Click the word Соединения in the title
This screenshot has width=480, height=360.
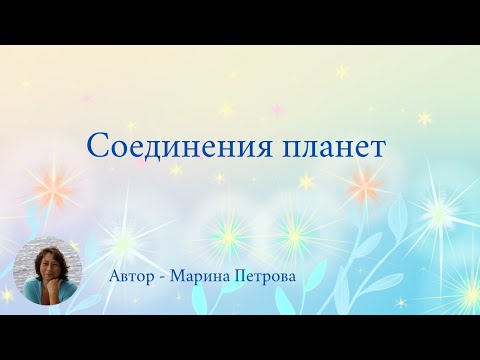click(164, 146)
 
